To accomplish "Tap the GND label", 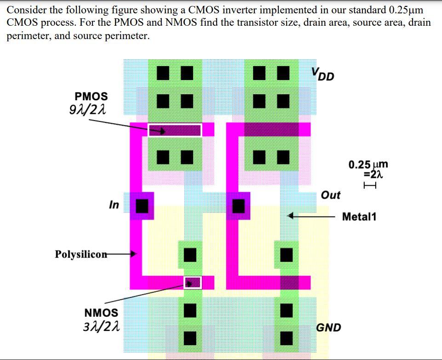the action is [329, 327].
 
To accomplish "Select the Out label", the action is [330, 195].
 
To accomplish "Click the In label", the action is [114, 205].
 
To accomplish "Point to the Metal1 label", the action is [359, 216].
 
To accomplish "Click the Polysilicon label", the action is [80, 254].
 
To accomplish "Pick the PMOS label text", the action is [91, 96].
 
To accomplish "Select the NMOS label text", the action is [101, 313].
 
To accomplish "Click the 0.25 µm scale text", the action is [368, 165].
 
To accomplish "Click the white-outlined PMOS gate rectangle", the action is [174, 130].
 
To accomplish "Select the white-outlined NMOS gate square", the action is [193, 282].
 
